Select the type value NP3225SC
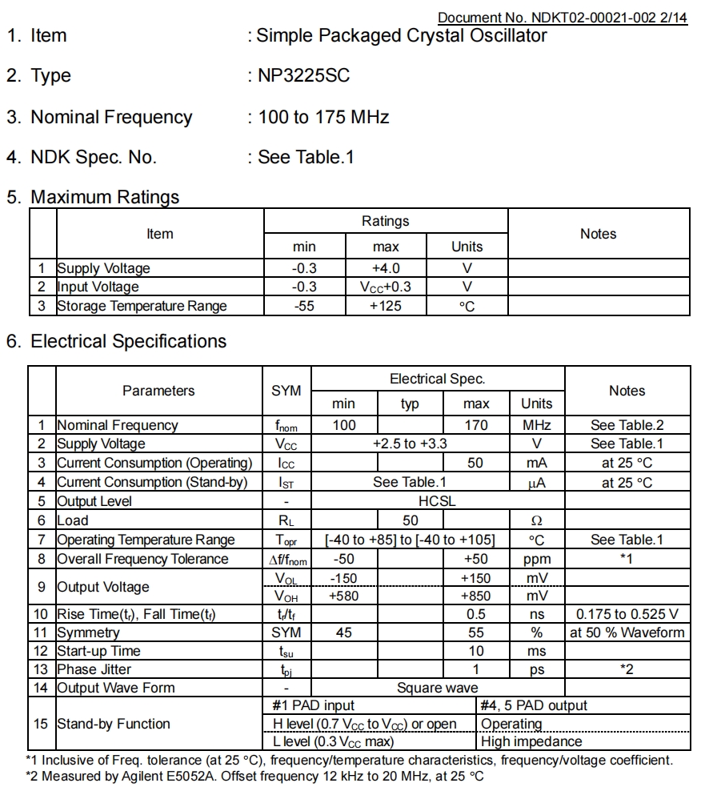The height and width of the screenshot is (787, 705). pos(303,76)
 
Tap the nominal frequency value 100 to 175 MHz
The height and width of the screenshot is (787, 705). pos(323,118)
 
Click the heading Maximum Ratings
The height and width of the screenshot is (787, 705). pos(105,197)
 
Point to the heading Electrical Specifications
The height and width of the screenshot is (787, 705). pos(128,341)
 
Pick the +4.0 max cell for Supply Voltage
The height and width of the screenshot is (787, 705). pos(386,268)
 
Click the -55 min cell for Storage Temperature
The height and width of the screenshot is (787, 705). pos(304,306)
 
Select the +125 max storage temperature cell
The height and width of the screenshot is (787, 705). pos(386,306)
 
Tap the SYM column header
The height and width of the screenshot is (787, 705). pos(286,391)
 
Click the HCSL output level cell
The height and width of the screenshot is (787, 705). pos(437,501)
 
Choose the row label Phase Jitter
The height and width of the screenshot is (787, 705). pos(94,669)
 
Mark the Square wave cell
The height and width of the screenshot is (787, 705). pos(437,688)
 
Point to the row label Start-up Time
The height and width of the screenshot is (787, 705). pos(98,651)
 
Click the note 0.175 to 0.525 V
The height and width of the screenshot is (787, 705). pos(627,614)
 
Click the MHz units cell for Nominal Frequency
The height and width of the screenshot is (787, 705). pos(536,425)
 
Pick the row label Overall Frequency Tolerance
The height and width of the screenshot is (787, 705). pos(142,559)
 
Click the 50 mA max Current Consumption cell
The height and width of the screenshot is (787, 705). pos(475,463)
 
